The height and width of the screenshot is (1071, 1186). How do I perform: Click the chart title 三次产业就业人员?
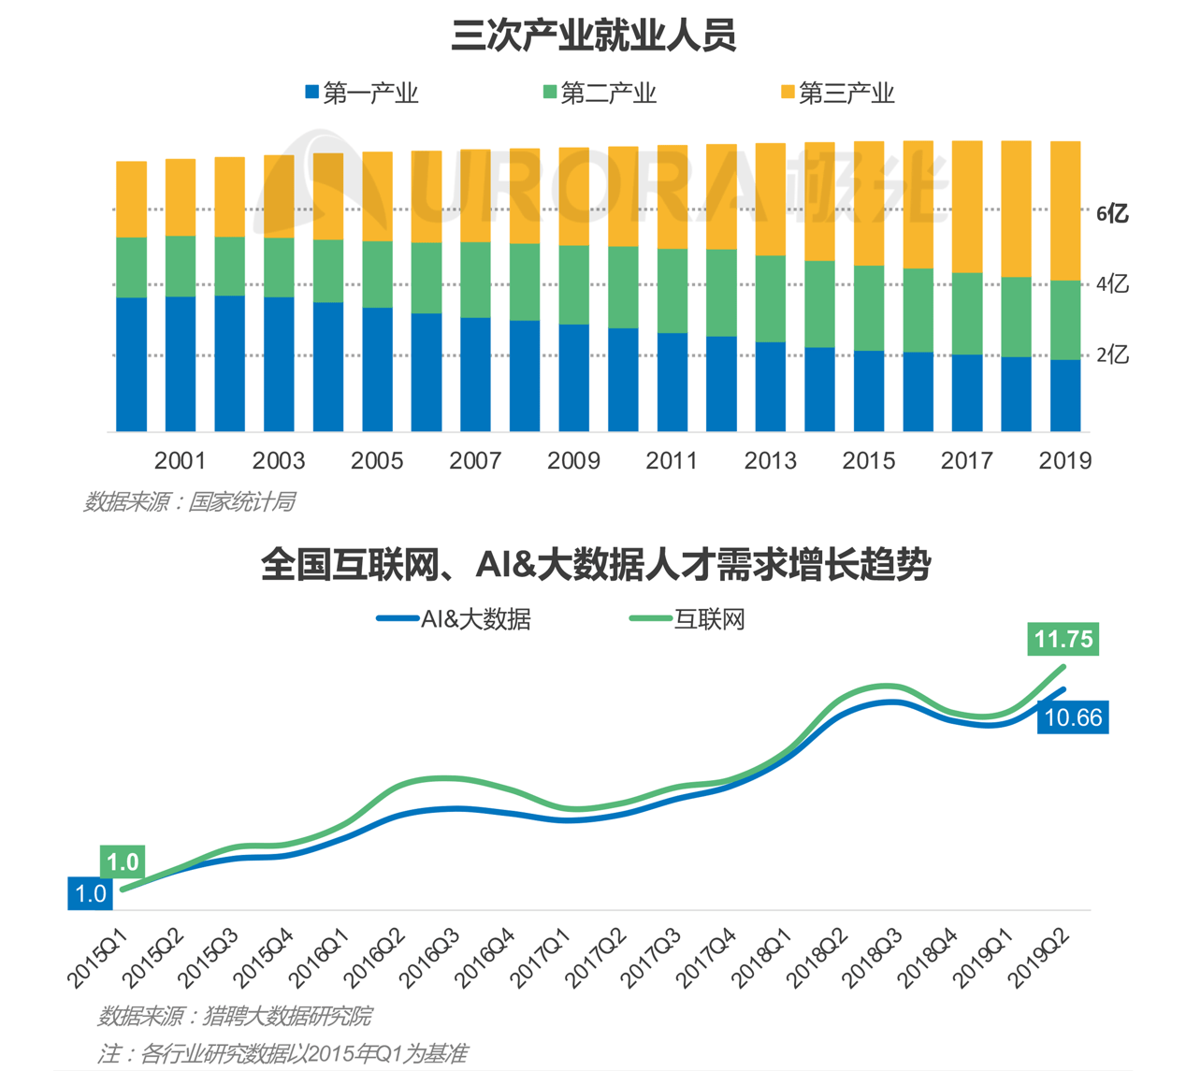point(593,35)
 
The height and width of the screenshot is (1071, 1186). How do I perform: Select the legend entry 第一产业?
point(362,94)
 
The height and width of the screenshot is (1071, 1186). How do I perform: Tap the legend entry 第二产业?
point(600,94)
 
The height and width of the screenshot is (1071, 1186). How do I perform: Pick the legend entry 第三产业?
point(838,94)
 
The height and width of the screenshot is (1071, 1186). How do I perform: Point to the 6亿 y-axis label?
point(1112,213)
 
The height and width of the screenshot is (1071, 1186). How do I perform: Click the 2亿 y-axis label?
point(1112,355)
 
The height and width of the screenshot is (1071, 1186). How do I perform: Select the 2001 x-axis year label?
point(180,460)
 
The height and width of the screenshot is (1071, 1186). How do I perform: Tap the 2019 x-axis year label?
point(1065,460)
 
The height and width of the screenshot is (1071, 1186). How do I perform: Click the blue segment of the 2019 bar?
point(1065,395)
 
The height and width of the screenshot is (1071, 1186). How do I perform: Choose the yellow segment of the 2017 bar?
point(967,206)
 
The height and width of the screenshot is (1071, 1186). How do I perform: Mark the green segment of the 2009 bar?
point(573,284)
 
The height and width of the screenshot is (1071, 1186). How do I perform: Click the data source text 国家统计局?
point(190,502)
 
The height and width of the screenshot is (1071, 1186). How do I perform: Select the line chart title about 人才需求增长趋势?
point(595,565)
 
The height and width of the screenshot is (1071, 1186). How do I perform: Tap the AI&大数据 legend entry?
point(455,619)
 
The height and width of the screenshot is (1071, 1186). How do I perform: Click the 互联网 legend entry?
point(687,619)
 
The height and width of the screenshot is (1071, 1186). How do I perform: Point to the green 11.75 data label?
point(1063,639)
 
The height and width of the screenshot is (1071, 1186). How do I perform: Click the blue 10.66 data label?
point(1073,717)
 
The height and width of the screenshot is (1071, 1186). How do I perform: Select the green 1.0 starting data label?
point(123,861)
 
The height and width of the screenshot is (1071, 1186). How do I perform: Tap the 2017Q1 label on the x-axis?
point(542,957)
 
